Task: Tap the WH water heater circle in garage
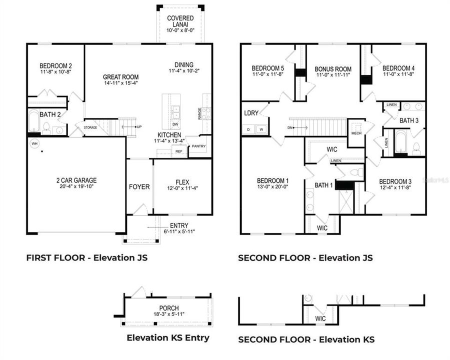tap(34, 143)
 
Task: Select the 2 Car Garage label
tap(76, 180)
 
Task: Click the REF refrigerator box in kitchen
tap(178, 150)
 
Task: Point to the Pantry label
tap(198, 146)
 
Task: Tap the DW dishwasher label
tap(175, 124)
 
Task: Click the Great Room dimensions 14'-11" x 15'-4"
tap(120, 83)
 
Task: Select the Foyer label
tap(139, 186)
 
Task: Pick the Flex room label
tap(182, 182)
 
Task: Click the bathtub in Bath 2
tap(33, 123)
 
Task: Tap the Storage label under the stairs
tap(90, 127)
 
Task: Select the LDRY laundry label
tap(251, 113)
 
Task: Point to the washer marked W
tap(260, 129)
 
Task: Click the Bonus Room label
tap(333, 69)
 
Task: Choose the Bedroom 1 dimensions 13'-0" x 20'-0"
tap(272, 187)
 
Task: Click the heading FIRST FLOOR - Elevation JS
tap(86, 258)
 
